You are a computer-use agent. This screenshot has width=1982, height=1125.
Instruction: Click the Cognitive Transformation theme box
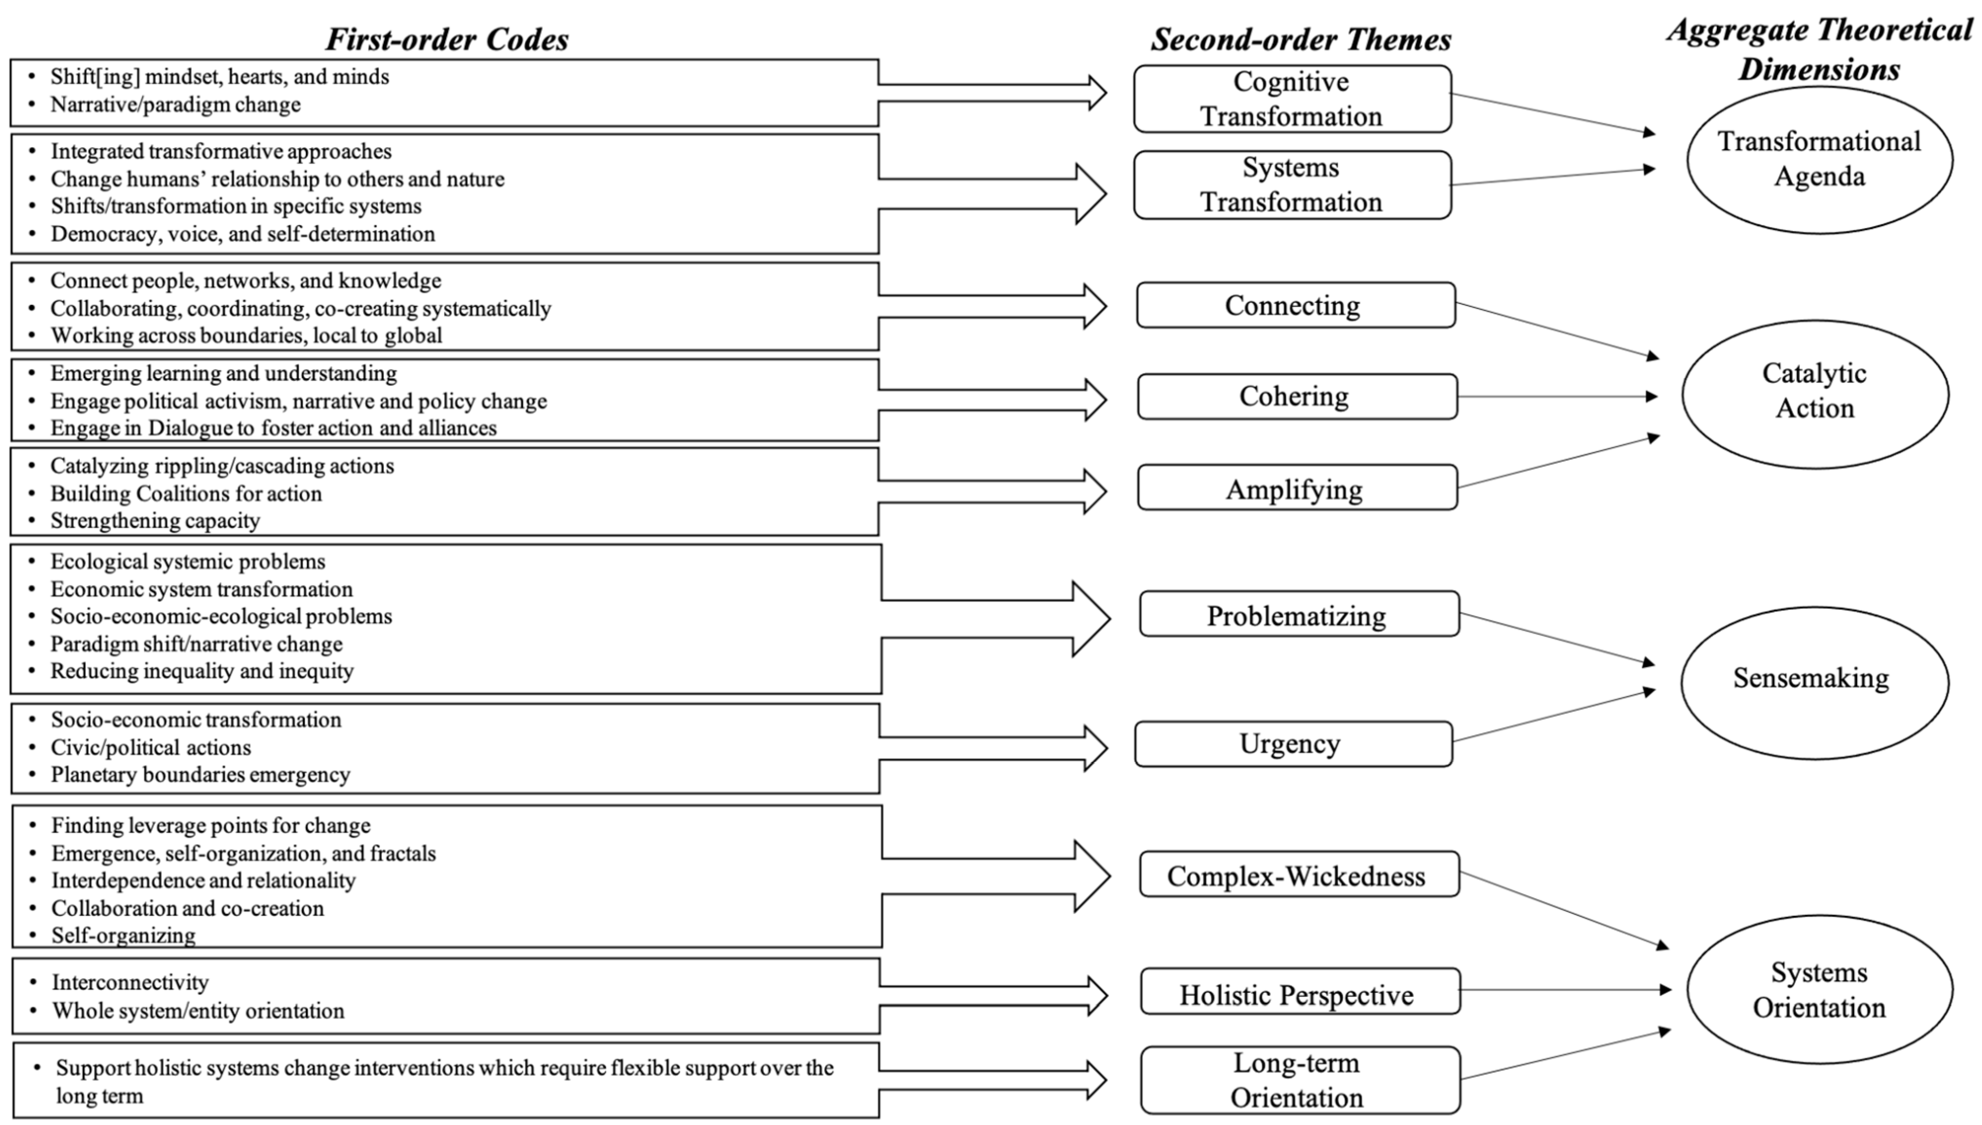(1292, 99)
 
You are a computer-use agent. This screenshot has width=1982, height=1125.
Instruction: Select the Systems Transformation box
(1292, 185)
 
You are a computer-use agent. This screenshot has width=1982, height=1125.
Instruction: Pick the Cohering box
(1296, 397)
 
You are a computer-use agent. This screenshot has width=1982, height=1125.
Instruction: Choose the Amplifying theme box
(1296, 488)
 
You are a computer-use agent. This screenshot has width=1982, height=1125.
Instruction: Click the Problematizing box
(1298, 614)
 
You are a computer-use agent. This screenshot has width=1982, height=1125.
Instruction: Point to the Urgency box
(1292, 744)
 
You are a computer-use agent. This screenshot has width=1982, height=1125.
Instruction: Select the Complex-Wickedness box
(1298, 875)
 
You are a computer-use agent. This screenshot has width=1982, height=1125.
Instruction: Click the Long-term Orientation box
(1299, 1080)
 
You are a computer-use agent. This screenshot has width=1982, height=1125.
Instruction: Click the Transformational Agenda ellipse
(1819, 159)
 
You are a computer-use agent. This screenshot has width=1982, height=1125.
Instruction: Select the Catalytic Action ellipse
(1814, 394)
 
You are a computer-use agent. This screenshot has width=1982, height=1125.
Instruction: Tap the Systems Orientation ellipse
(1819, 989)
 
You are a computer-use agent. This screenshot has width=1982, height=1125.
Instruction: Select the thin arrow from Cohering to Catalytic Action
(1556, 397)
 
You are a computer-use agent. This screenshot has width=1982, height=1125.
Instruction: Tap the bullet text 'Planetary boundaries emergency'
(200, 774)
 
